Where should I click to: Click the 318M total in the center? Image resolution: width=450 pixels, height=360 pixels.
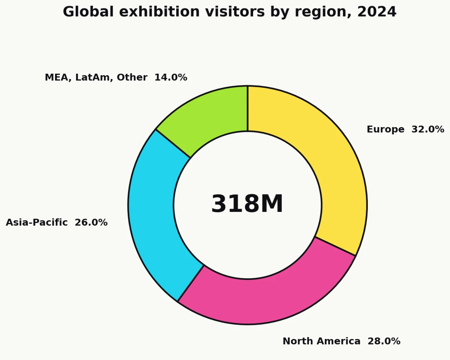(247, 204)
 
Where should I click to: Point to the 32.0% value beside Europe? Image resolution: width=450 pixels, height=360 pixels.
(427, 130)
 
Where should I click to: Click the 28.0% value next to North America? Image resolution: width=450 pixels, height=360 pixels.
(384, 341)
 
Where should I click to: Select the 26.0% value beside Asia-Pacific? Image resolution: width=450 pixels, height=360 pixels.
(91, 223)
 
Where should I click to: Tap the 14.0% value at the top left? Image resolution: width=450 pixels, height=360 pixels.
(171, 78)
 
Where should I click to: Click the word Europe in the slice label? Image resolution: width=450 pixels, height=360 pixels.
(385, 130)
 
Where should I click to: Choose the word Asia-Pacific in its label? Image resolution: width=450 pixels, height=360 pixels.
(37, 223)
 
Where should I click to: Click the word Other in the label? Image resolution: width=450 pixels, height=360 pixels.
(132, 78)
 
